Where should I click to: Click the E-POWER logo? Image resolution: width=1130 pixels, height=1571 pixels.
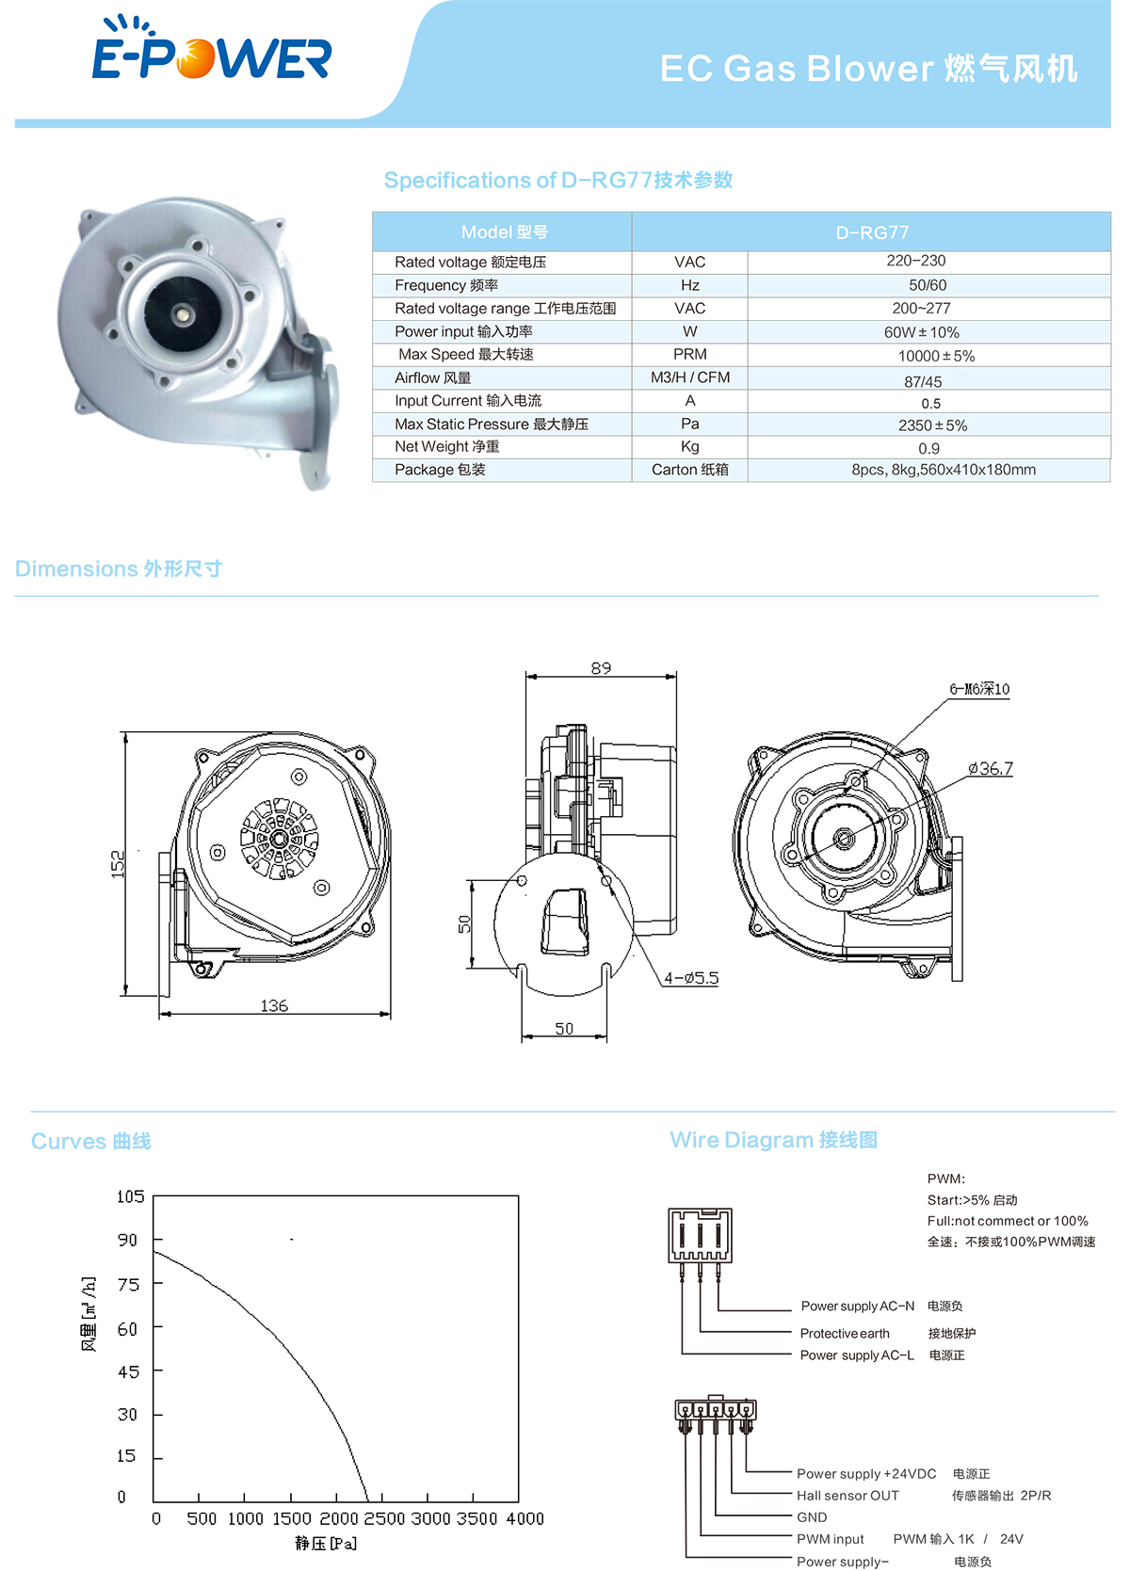(211, 48)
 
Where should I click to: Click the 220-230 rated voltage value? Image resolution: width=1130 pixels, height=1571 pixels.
(915, 261)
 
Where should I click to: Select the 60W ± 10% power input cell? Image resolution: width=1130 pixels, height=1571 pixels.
(921, 332)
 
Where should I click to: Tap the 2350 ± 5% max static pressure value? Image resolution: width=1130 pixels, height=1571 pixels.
(932, 425)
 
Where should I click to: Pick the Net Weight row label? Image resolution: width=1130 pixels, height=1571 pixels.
(446, 447)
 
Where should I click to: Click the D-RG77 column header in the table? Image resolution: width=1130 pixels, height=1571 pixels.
(871, 232)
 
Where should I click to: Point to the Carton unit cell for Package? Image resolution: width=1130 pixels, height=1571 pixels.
(689, 470)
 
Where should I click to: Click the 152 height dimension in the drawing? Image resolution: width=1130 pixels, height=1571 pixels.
(117, 863)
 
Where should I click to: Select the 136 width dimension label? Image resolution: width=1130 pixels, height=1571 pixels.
(274, 1005)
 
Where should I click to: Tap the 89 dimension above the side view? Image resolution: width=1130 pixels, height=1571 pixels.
(601, 667)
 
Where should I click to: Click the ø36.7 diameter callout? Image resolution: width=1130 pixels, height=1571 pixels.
(991, 769)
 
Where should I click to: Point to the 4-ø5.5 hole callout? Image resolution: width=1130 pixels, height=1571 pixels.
(691, 978)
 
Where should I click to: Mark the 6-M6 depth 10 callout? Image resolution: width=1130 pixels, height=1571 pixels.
(979, 689)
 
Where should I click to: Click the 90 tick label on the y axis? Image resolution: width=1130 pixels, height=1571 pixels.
(127, 1240)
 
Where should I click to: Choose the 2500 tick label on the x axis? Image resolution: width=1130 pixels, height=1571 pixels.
(384, 1518)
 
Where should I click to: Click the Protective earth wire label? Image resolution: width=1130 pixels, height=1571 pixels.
(845, 1333)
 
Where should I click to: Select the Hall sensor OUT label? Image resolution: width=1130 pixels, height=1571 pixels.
(847, 1496)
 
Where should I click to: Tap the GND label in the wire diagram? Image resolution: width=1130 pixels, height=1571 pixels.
(812, 1517)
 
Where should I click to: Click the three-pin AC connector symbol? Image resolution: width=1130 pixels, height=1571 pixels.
(700, 1236)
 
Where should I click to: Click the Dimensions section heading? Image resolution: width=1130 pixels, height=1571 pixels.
(119, 569)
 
